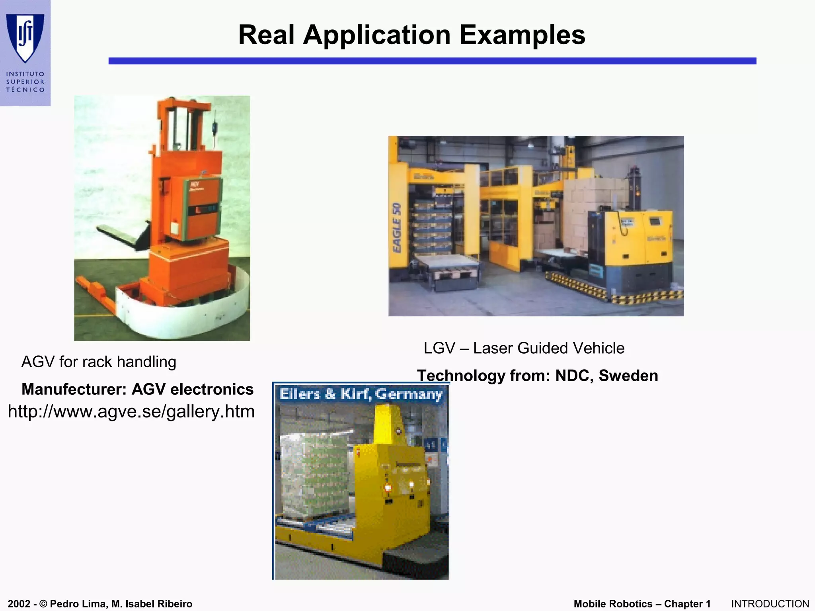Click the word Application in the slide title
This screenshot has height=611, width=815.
(x=376, y=35)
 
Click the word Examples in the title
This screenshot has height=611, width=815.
(x=522, y=35)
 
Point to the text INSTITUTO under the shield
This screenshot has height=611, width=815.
(x=25, y=74)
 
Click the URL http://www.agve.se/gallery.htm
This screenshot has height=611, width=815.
(x=131, y=411)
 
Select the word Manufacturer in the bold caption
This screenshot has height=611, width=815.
(x=74, y=389)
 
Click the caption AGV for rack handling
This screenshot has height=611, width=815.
(x=99, y=362)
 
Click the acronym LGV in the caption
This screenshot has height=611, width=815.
(x=439, y=348)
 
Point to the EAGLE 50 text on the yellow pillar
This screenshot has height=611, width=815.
(x=396, y=227)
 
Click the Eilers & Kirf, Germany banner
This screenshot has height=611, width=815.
(x=361, y=394)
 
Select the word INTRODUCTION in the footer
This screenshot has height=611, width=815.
(x=770, y=604)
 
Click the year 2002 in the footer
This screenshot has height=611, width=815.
(x=19, y=604)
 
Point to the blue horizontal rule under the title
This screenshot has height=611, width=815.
(x=432, y=61)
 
